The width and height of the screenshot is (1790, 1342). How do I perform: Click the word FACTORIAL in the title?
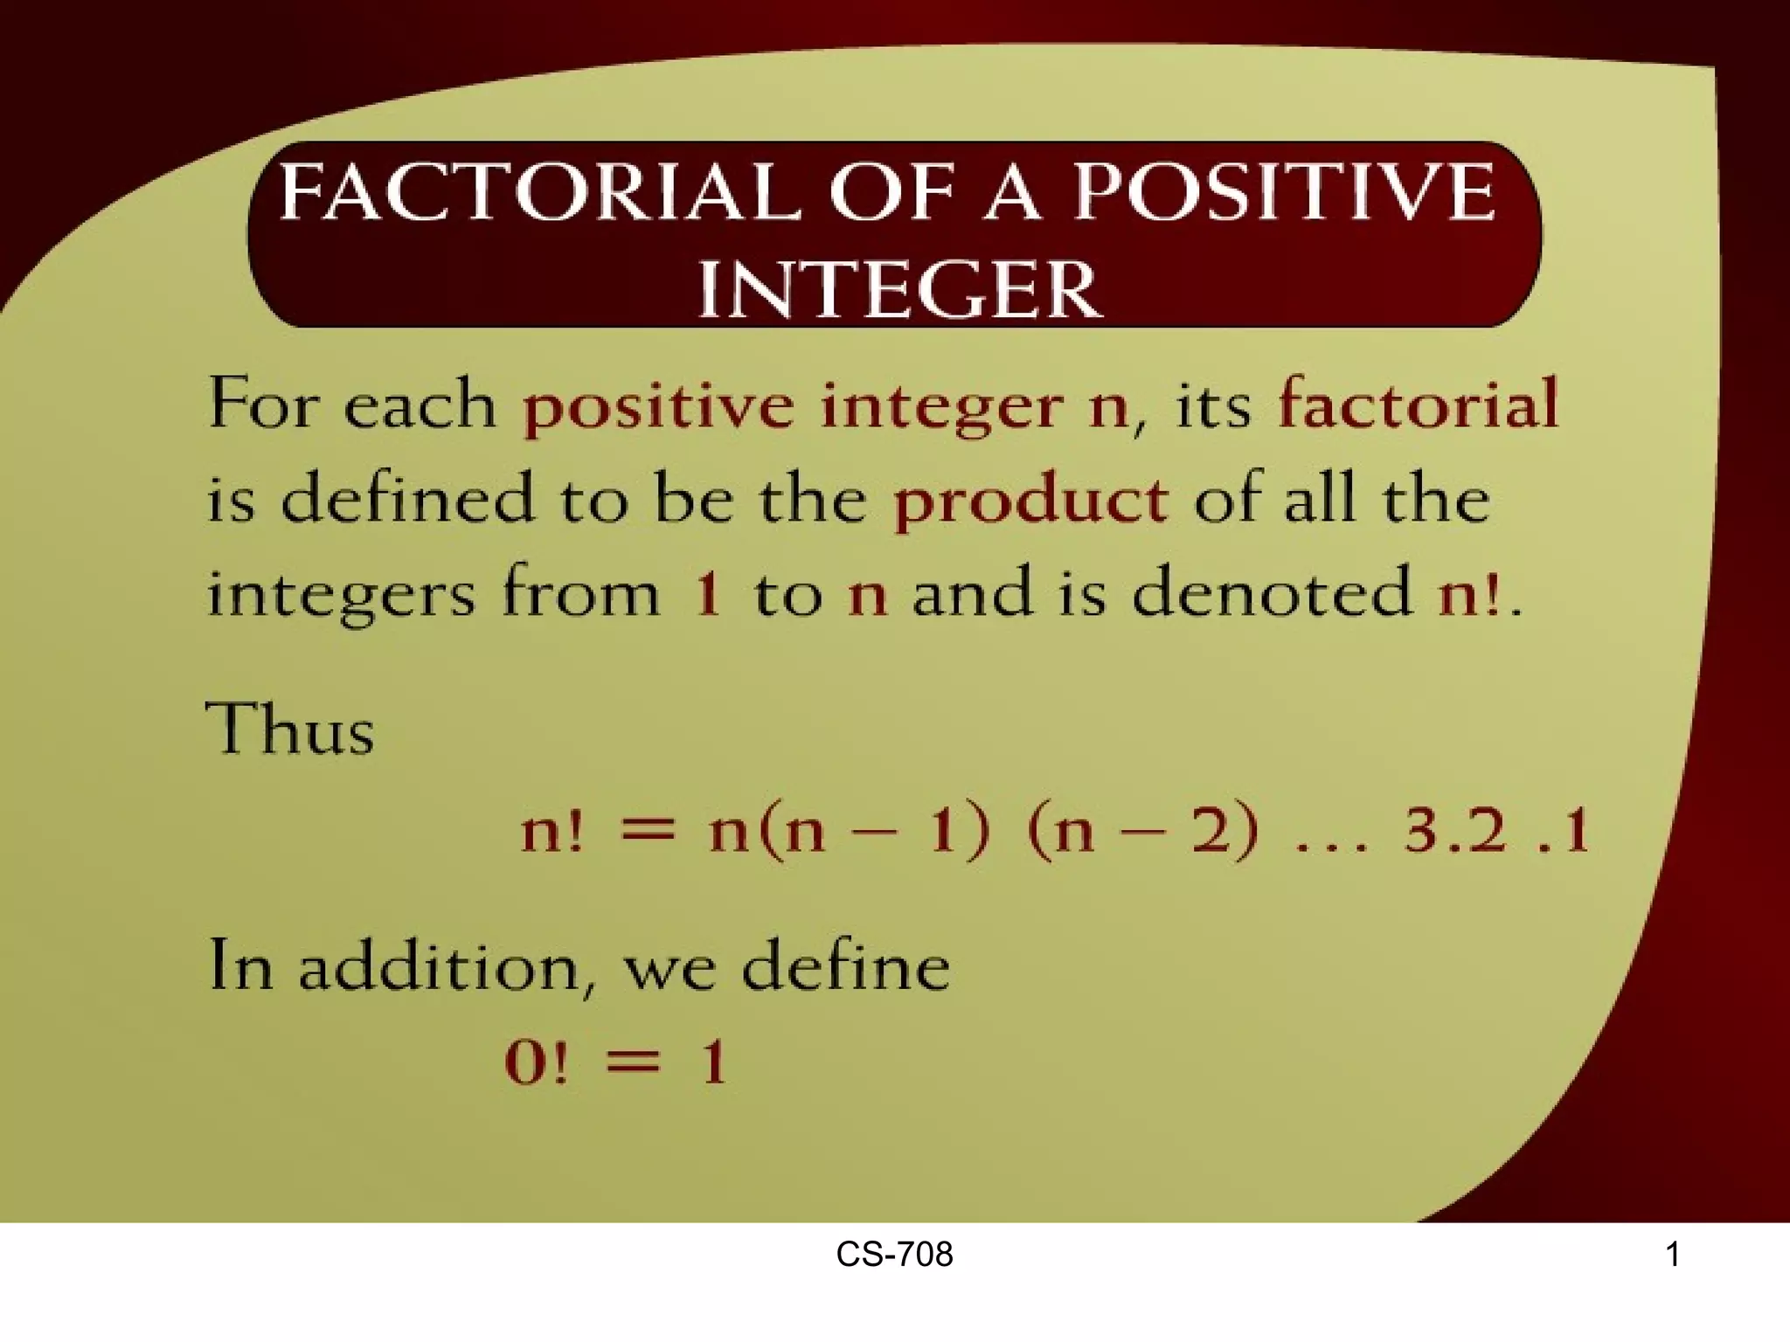(x=539, y=191)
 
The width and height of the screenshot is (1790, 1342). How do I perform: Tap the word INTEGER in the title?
(x=899, y=289)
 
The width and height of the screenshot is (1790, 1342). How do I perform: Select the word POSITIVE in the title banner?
(x=1284, y=191)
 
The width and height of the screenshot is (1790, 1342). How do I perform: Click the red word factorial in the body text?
(x=1418, y=405)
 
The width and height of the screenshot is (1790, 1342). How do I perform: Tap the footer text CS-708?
(x=894, y=1256)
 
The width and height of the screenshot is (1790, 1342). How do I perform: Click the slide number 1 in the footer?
(x=1672, y=1256)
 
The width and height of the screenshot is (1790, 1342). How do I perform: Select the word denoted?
(x=1271, y=592)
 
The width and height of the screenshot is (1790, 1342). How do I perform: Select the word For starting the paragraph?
(x=263, y=405)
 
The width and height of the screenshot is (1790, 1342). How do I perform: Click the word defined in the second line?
(x=407, y=499)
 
